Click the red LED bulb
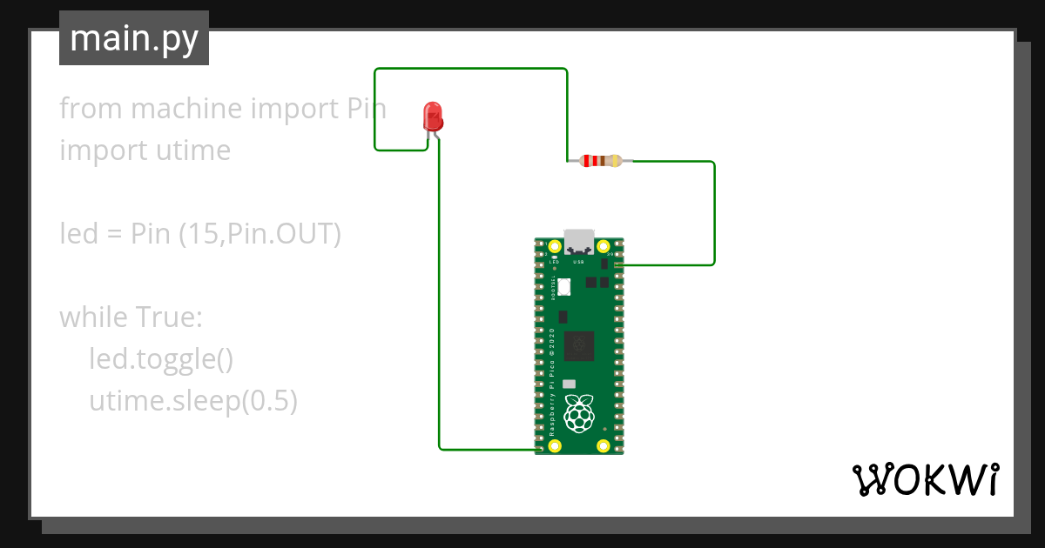pos(432,116)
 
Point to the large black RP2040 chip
pos(579,345)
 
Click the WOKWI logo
pos(924,479)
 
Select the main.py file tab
pos(134,38)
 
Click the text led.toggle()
pos(161,358)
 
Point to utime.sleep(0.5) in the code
pos(193,400)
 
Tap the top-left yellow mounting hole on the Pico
pos(555,247)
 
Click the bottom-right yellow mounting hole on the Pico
pos(603,446)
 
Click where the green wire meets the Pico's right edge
pos(619,264)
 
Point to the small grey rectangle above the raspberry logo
pos(570,384)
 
